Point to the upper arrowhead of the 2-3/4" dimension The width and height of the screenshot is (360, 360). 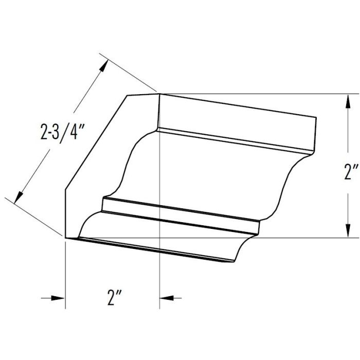point(104,66)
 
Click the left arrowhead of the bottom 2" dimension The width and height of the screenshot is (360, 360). point(58,297)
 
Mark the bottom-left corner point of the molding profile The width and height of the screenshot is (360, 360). point(65,238)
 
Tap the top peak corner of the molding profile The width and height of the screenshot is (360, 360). point(159,94)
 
